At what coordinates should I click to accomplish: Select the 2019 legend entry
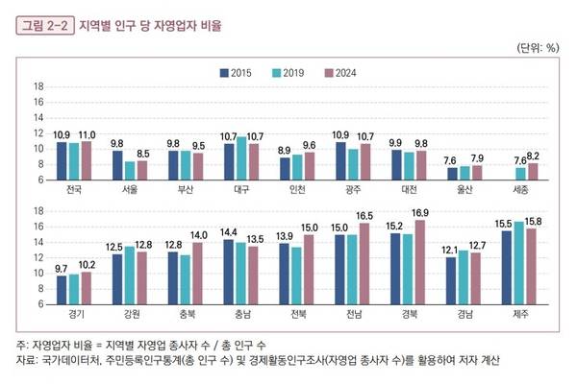289,72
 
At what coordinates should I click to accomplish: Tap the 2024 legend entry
340,72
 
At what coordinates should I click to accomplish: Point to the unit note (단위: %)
539,46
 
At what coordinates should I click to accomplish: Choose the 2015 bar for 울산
452,174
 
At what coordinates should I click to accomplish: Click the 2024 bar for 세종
534,171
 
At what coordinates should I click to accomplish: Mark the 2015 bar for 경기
62,289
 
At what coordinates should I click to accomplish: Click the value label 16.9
419,212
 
